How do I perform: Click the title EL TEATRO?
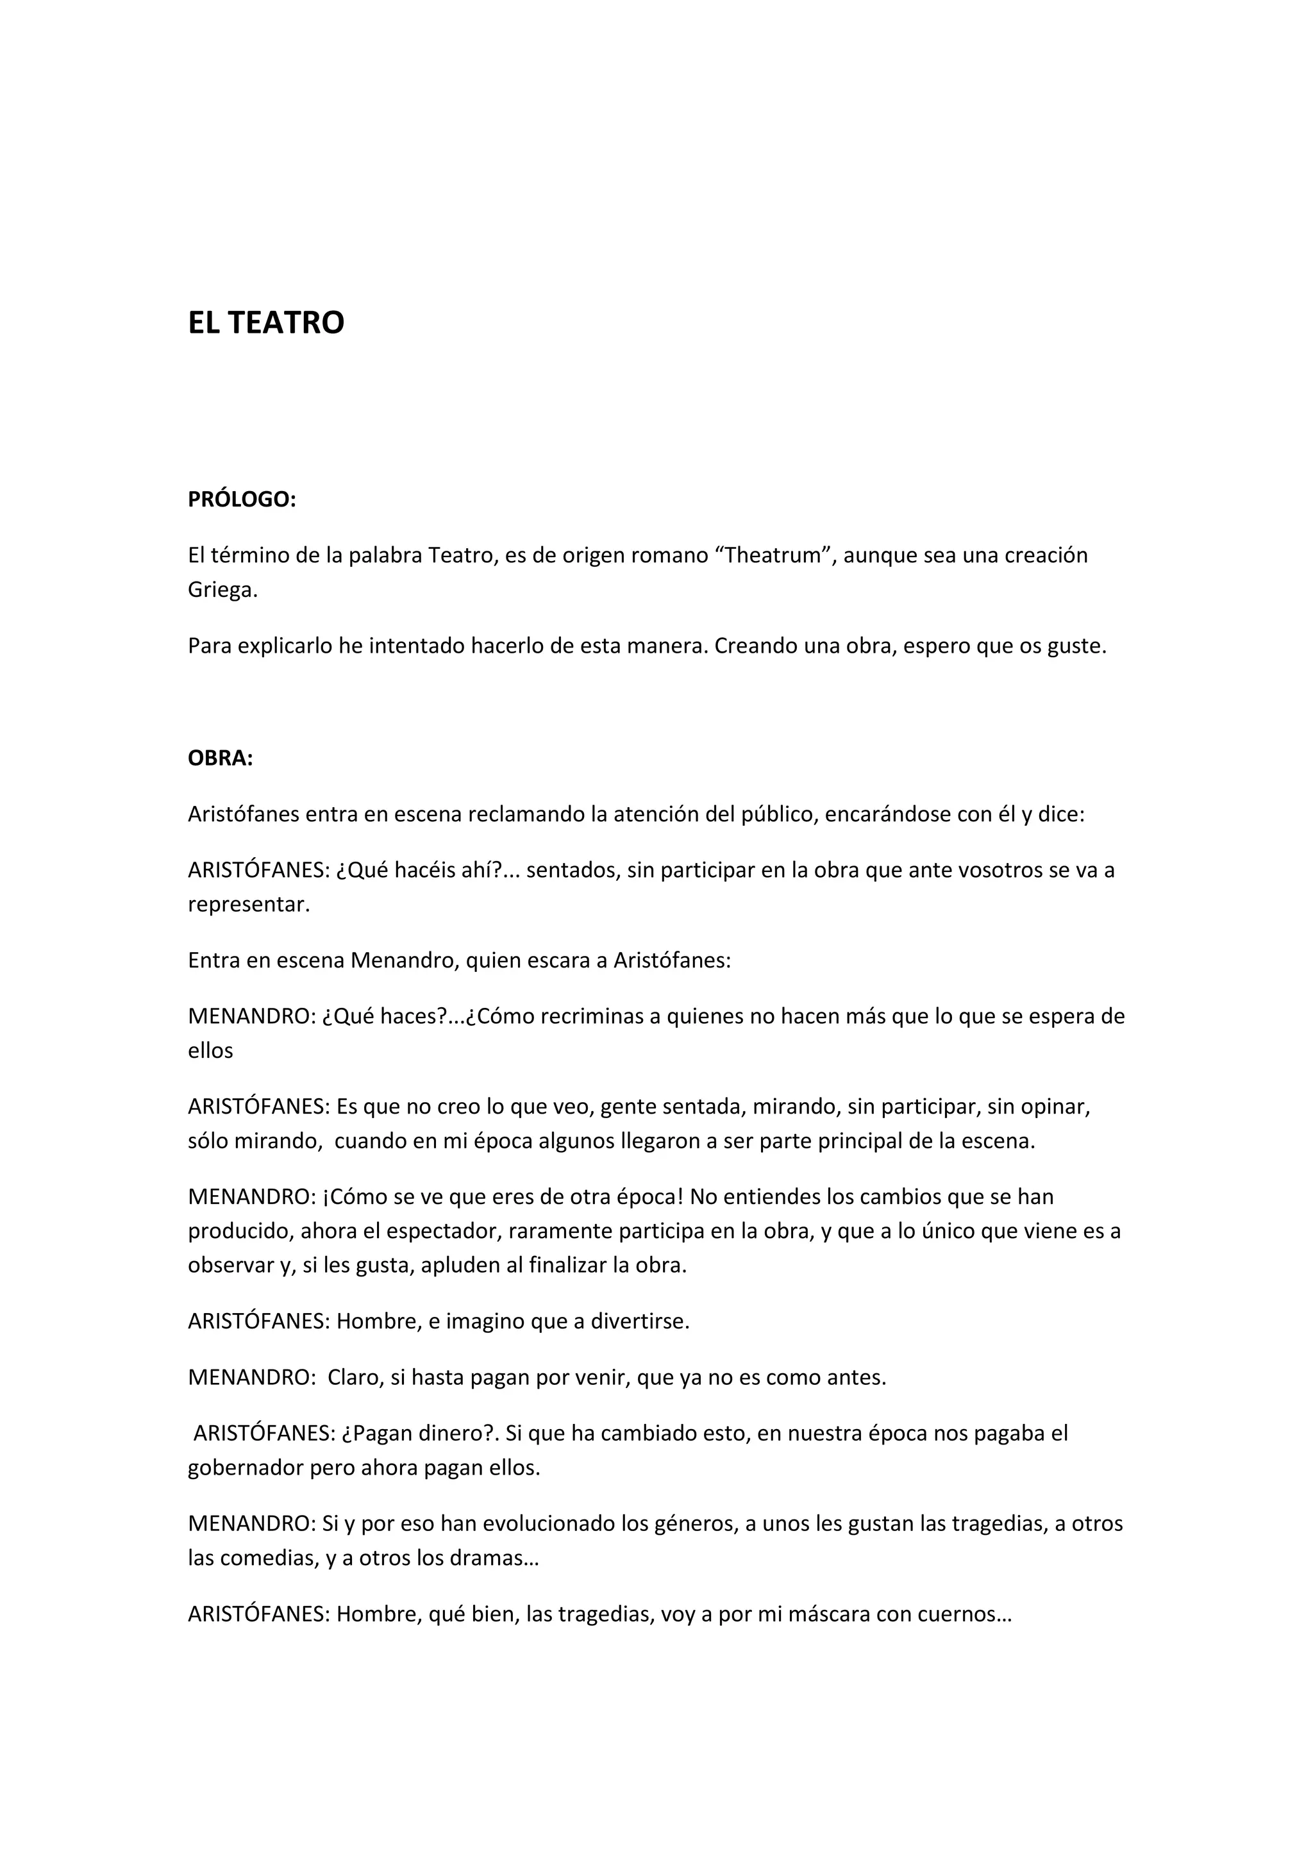tap(266, 323)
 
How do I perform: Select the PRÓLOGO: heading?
tap(242, 500)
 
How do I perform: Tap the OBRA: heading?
tap(220, 759)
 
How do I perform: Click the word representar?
tap(248, 905)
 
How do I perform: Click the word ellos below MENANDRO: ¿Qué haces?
tap(210, 1051)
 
